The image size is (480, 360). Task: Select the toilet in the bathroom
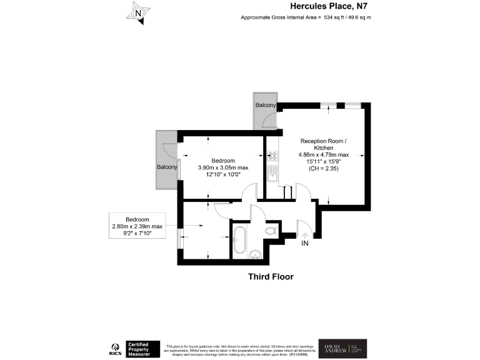pos(270,232)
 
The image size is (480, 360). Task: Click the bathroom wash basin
pos(255,253)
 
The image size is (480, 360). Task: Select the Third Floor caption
pos(270,276)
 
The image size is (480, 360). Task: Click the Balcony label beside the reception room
pos(265,105)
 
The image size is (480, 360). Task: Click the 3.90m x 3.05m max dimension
pos(222,167)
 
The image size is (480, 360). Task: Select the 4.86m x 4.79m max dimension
pos(322,154)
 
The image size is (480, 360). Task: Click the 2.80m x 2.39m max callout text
pos(137,226)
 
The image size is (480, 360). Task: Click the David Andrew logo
pos(343,348)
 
